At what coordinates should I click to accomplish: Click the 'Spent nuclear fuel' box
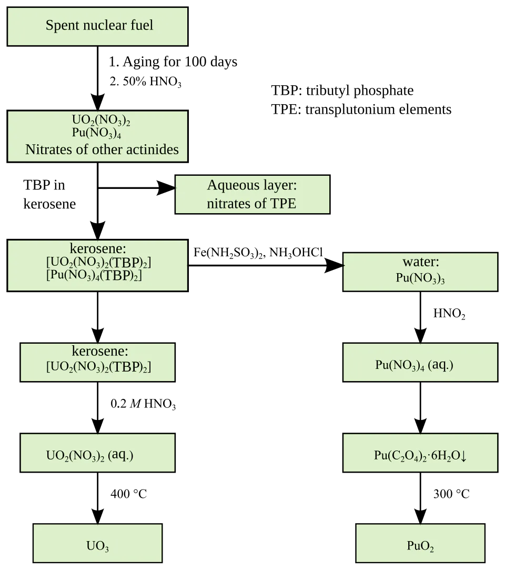click(97, 26)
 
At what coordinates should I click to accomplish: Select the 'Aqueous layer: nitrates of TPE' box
click(252, 195)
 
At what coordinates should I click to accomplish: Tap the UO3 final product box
click(97, 543)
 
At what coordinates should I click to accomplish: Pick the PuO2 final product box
click(420, 543)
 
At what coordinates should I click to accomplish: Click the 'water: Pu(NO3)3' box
click(420, 272)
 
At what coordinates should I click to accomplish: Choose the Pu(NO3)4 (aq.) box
click(420, 362)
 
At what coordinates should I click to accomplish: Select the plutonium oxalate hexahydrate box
click(420, 453)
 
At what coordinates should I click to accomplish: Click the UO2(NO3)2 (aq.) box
click(97, 453)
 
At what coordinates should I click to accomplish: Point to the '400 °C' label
click(128, 494)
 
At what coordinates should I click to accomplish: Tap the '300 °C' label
click(451, 494)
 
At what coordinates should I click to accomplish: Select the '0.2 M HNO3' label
click(143, 404)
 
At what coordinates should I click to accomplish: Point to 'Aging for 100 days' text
click(180, 62)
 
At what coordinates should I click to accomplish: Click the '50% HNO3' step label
click(145, 82)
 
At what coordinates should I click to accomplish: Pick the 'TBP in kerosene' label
click(49, 195)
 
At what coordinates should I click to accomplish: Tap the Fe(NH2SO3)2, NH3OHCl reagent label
click(258, 253)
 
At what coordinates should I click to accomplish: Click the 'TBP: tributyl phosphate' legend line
click(342, 91)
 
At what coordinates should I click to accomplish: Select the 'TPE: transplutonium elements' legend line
click(361, 109)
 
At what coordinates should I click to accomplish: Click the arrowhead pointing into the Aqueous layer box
click(166, 188)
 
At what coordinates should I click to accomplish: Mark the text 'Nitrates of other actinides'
click(102, 149)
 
